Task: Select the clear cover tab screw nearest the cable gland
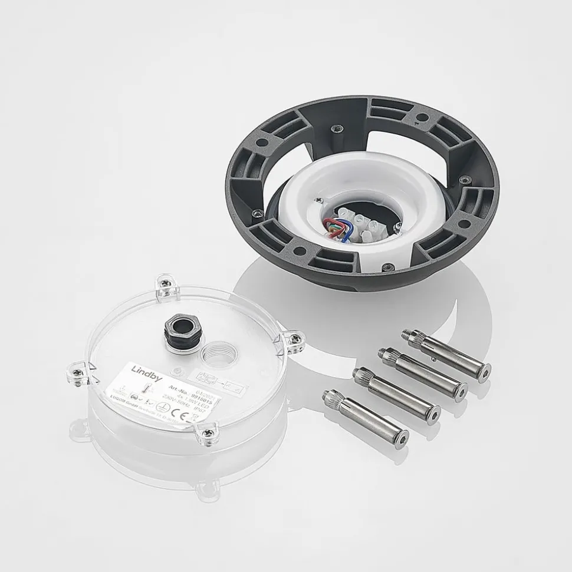[167, 283]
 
